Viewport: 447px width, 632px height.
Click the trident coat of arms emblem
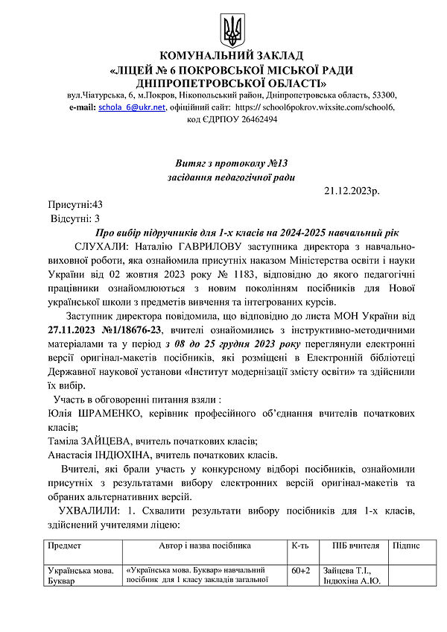click(229, 30)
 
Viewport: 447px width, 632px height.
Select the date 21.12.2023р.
click(352, 192)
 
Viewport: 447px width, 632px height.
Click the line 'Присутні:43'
click(75, 204)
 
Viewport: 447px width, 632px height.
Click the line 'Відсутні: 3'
click(75, 218)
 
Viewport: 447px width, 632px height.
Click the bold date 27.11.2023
click(76, 329)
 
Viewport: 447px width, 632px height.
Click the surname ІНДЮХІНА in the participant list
click(142, 455)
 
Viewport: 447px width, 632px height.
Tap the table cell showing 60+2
click(302, 571)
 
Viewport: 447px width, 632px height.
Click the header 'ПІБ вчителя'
click(356, 546)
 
